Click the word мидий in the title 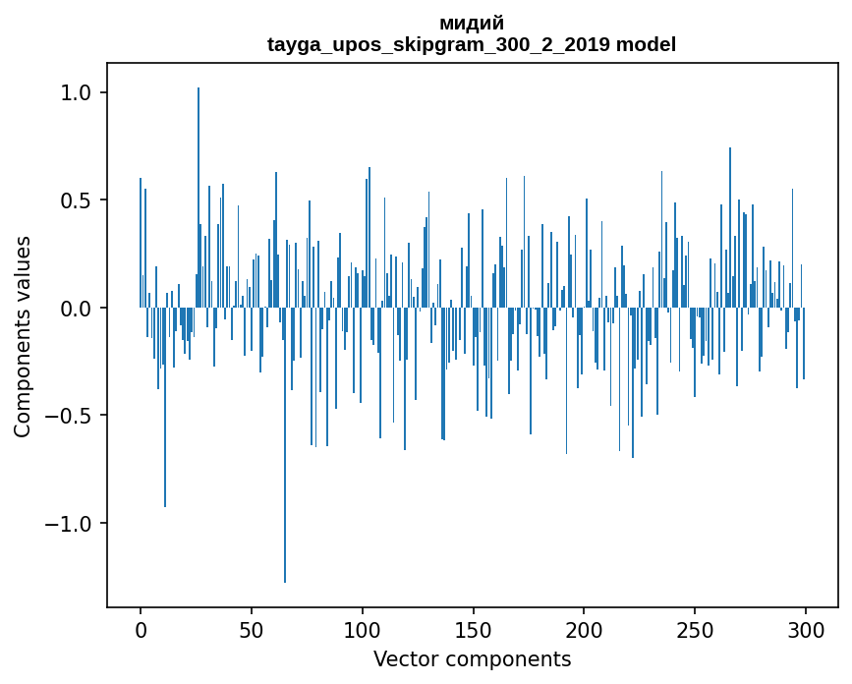click(472, 23)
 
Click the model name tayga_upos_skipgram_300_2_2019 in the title click(438, 44)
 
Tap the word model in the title click(646, 44)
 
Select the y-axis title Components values click(23, 336)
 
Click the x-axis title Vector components click(472, 659)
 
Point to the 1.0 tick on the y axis click(78, 93)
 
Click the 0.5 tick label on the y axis click(78, 200)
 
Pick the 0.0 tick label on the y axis click(78, 309)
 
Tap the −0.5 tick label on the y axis click(71, 416)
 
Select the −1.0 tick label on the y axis click(71, 524)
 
